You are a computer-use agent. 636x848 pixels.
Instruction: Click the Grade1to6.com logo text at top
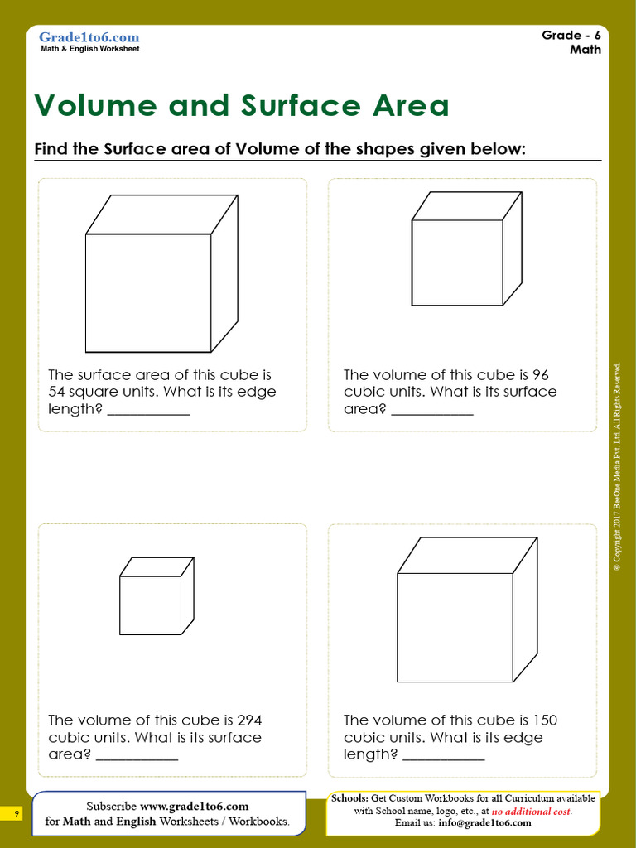(89, 37)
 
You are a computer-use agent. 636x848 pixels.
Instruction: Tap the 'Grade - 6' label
(571, 35)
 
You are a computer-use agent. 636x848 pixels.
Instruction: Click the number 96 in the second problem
(541, 375)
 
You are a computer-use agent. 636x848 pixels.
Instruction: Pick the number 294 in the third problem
(249, 720)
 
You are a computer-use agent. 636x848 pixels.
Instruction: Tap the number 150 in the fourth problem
(543, 720)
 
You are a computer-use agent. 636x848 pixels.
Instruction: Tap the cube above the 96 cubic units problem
(466, 249)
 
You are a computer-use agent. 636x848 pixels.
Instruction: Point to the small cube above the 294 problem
(156, 597)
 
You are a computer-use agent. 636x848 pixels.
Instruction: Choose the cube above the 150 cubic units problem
(466, 610)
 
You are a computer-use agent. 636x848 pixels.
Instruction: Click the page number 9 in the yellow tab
(16, 815)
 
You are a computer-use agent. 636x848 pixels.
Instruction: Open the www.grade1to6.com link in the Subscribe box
(194, 807)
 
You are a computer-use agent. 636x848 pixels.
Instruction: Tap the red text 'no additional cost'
(532, 812)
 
